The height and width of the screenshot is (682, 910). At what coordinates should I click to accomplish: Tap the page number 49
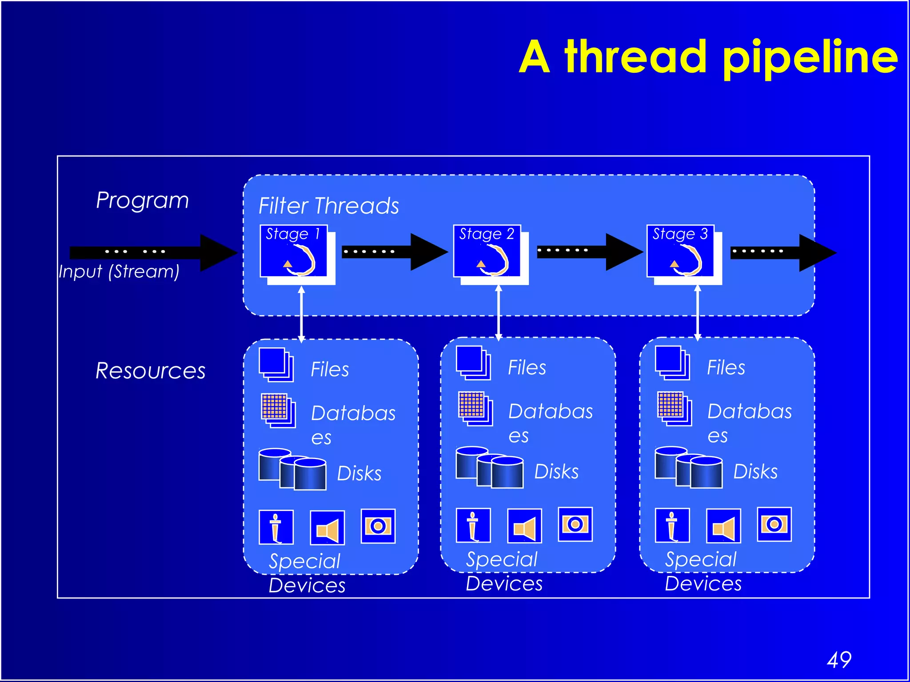tap(839, 660)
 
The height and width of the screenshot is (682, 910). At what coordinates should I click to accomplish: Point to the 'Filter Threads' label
tap(329, 206)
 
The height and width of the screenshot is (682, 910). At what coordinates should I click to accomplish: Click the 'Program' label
tap(142, 200)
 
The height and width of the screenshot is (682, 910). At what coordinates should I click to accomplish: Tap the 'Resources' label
tap(150, 371)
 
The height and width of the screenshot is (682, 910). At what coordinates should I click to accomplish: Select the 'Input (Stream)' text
tap(119, 271)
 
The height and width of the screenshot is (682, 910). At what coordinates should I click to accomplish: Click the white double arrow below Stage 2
tap(499, 313)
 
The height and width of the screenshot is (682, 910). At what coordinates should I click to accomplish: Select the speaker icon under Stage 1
tap(327, 527)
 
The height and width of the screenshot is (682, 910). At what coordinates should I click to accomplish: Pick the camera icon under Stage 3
tap(774, 524)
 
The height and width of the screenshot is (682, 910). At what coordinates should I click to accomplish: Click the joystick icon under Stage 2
tap(473, 525)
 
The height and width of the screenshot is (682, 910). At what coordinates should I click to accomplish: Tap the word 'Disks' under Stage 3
tap(755, 472)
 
